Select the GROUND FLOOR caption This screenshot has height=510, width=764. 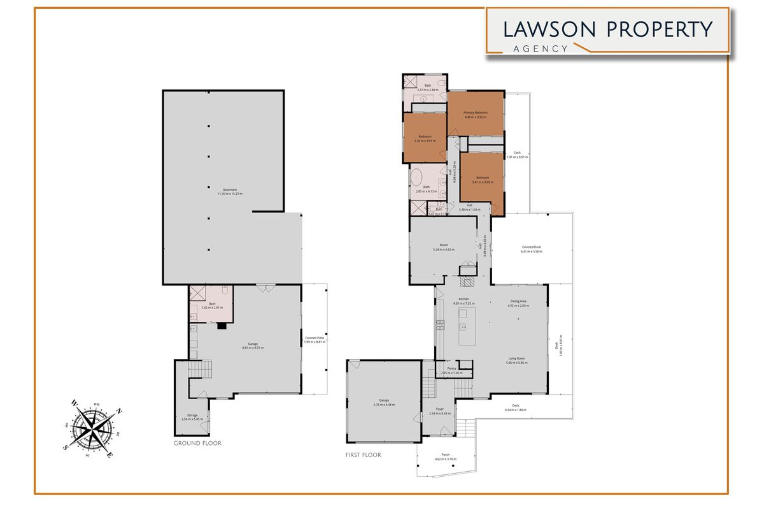click(x=197, y=443)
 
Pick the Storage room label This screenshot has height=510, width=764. click(x=189, y=417)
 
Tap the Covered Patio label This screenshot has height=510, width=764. click(x=315, y=340)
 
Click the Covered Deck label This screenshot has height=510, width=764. click(x=531, y=249)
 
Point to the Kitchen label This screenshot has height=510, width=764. click(x=464, y=300)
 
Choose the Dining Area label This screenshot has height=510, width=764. click(x=518, y=303)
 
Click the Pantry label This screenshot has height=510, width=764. click(x=451, y=370)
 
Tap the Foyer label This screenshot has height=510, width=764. click(x=439, y=411)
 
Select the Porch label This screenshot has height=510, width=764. click(x=445, y=456)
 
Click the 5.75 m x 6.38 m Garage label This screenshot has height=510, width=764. click(x=384, y=402)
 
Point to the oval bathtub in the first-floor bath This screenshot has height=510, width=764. click(x=416, y=176)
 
